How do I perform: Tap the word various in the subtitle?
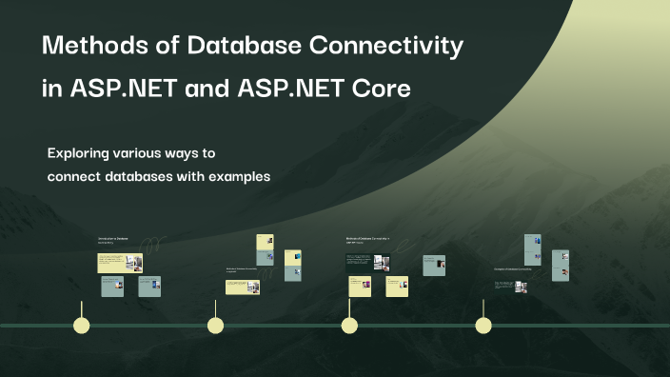[157, 153]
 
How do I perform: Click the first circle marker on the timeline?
[82, 326]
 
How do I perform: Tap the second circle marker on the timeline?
[216, 326]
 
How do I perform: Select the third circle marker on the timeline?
[349, 326]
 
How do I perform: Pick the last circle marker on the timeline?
[483, 326]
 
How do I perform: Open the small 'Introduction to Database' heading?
[112, 237]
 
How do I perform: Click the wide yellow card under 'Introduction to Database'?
[119, 263]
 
